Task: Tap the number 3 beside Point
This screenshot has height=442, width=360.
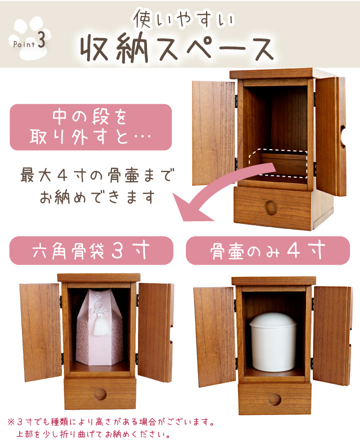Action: (41, 41)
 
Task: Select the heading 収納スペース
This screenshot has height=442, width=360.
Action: (177, 48)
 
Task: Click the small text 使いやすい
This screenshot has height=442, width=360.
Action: (183, 19)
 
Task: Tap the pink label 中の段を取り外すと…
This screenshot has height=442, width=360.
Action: (90, 127)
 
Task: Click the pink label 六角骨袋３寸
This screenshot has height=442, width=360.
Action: (91, 251)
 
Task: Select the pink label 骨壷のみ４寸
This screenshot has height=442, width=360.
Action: (267, 251)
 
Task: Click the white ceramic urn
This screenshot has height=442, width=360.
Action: (273, 342)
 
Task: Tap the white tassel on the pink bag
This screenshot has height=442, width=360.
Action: (99, 324)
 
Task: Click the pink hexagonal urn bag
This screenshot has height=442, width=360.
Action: (99, 327)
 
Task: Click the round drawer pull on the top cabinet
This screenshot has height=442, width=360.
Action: (271, 208)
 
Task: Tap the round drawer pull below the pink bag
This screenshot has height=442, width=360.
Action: (100, 394)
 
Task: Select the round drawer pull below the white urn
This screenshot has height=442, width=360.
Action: (274, 400)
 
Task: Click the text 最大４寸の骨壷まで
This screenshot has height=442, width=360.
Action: (97, 175)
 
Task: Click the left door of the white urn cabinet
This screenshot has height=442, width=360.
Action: (215, 337)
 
